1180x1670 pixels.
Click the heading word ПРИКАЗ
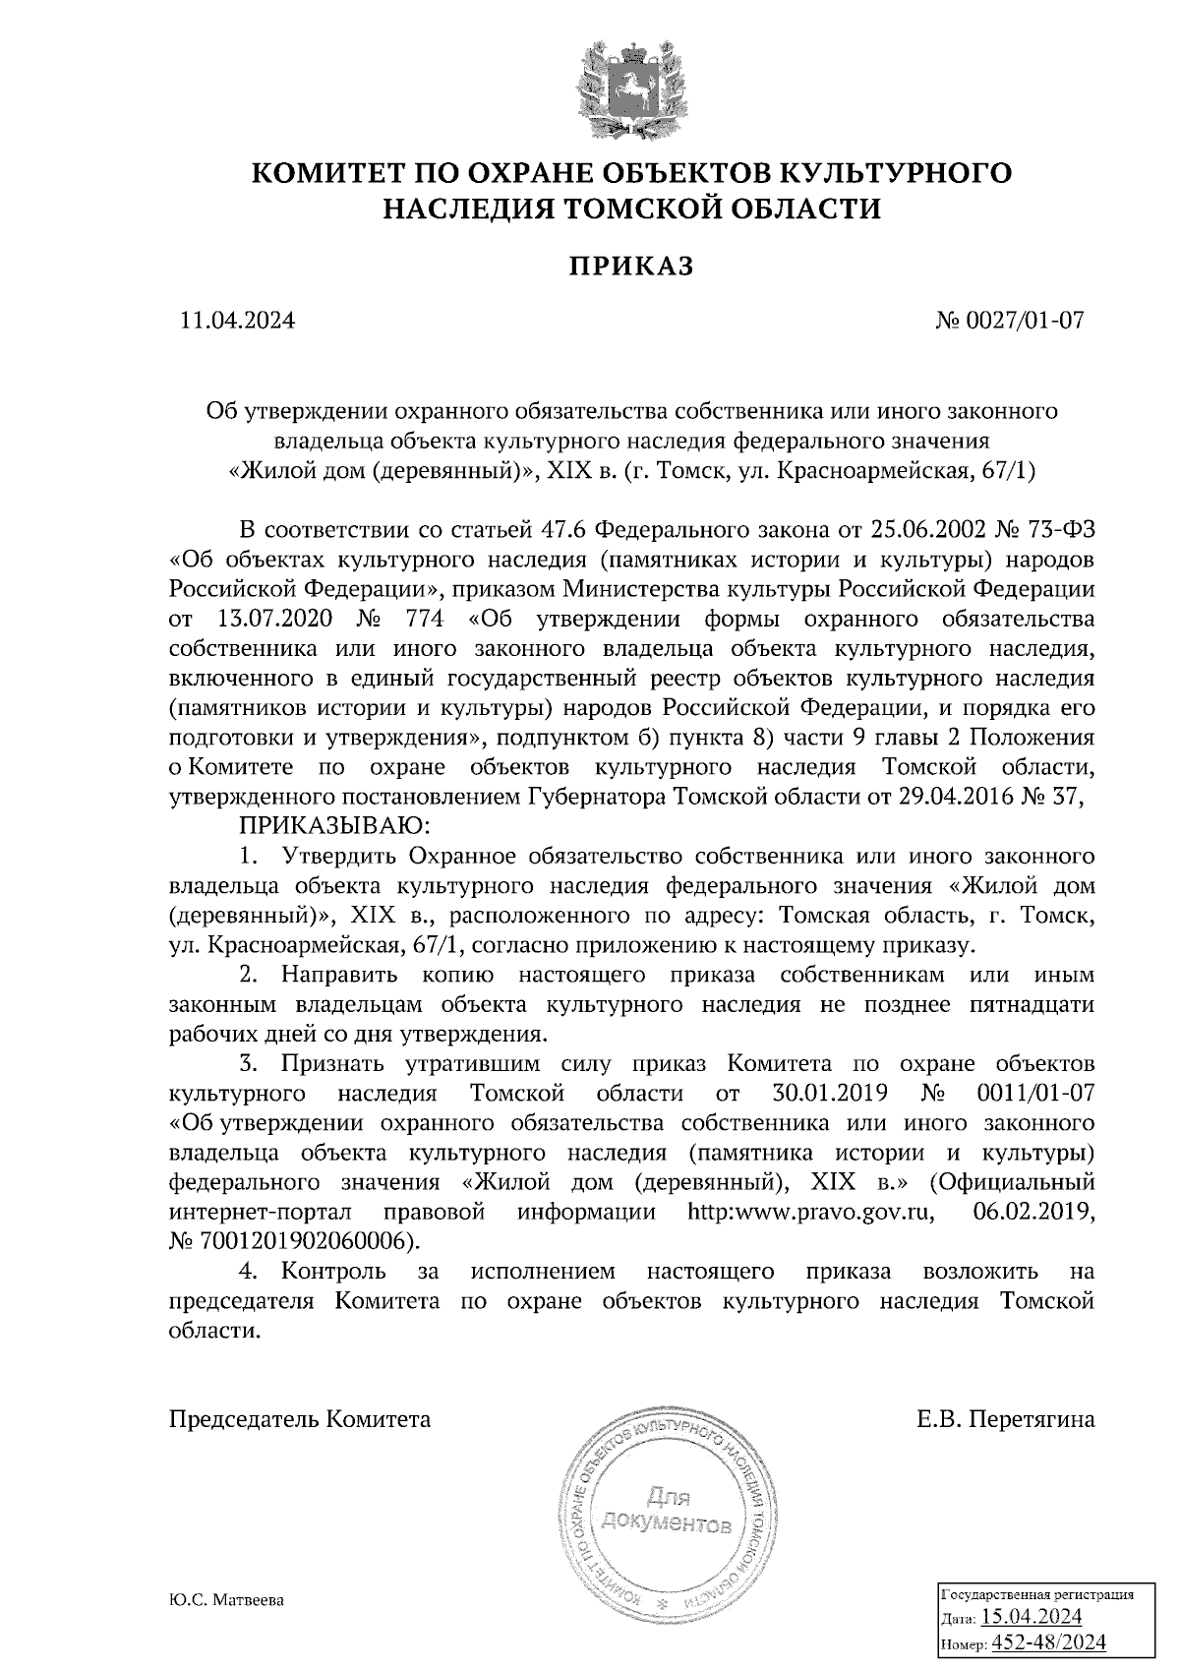click(632, 266)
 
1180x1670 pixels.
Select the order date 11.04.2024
click(237, 320)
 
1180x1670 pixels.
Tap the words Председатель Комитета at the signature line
click(300, 1420)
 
